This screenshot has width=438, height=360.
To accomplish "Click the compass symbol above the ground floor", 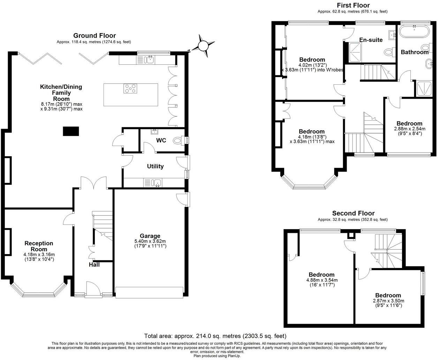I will [x=202, y=45].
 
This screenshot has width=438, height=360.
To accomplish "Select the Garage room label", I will [x=150, y=236].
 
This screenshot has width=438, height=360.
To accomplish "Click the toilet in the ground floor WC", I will [x=179, y=140].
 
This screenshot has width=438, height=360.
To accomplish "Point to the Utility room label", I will [x=155, y=166].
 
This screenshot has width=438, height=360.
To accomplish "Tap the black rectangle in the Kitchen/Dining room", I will [x=71, y=131].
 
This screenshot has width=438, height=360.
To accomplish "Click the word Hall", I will [x=94, y=265].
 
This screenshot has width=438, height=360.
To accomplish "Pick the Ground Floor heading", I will [x=94, y=36].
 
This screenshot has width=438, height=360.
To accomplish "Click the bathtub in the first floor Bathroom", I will [x=415, y=32].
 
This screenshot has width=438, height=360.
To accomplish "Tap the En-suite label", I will [x=371, y=40].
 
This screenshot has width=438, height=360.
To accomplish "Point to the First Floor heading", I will [x=353, y=5].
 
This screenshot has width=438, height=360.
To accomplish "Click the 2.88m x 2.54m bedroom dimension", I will [x=409, y=129].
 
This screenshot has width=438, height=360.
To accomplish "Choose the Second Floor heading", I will [x=353, y=213].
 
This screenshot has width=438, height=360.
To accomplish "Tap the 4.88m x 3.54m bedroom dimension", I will [x=322, y=280].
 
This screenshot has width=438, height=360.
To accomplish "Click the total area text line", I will [x=215, y=336].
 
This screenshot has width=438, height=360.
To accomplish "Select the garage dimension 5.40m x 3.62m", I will [x=150, y=241].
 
